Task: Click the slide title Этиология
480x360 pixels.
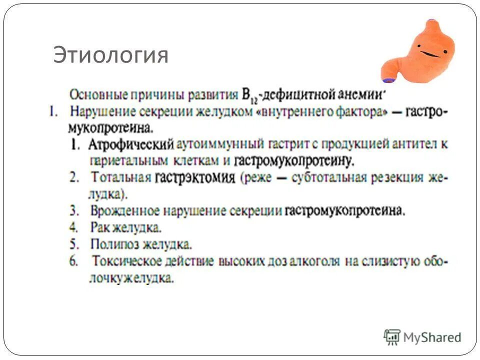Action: [x=110, y=55]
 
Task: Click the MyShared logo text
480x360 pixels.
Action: [x=432, y=337]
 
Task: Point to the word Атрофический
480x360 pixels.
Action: [x=131, y=144]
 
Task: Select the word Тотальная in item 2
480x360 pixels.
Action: [x=121, y=177]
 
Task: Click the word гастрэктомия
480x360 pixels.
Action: [x=195, y=178]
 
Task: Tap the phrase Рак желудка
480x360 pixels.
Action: [x=126, y=227]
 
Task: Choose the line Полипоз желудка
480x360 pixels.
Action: [x=141, y=244]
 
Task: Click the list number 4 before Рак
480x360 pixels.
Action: [x=73, y=227]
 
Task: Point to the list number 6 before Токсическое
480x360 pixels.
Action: [x=73, y=261]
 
